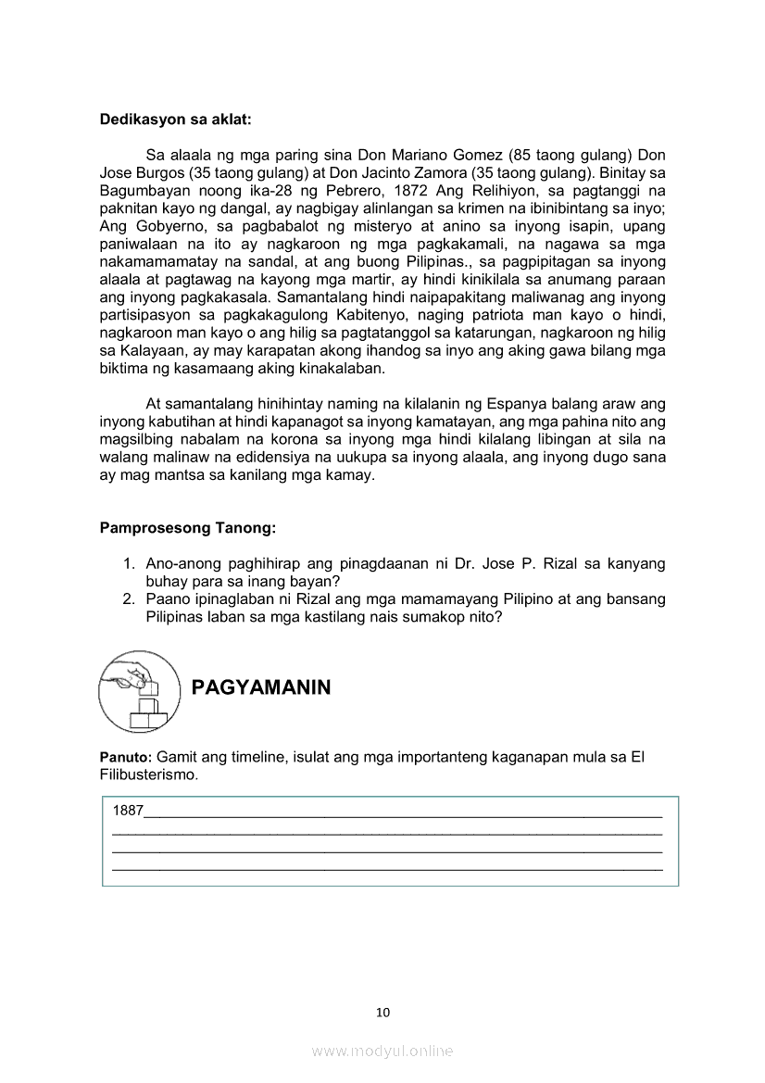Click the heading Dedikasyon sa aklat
pyautogui.click(x=175, y=120)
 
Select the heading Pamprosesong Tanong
pyautogui.click(x=188, y=528)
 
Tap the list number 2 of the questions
pyautogui.click(x=130, y=599)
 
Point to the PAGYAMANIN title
pyautogui.click(x=260, y=687)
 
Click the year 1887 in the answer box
pyautogui.click(x=128, y=811)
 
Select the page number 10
pyautogui.click(x=382, y=1013)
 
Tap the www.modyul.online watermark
pyautogui.click(x=382, y=1052)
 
